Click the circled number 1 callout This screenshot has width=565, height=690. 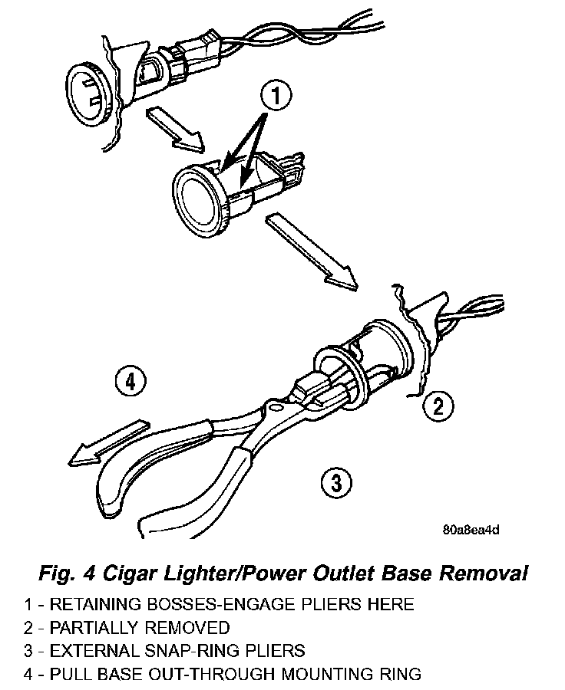pyautogui.click(x=277, y=97)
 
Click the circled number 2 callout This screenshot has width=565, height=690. pyautogui.click(x=438, y=406)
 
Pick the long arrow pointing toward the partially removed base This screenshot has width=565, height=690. pyautogui.click(x=311, y=251)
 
